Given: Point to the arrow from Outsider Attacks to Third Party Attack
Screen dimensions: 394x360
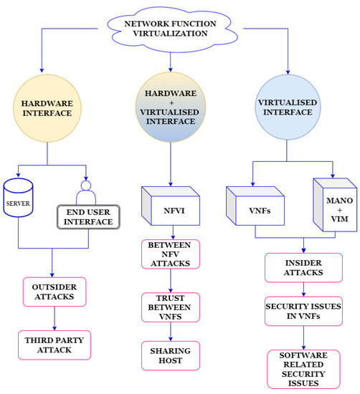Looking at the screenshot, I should [54, 317].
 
